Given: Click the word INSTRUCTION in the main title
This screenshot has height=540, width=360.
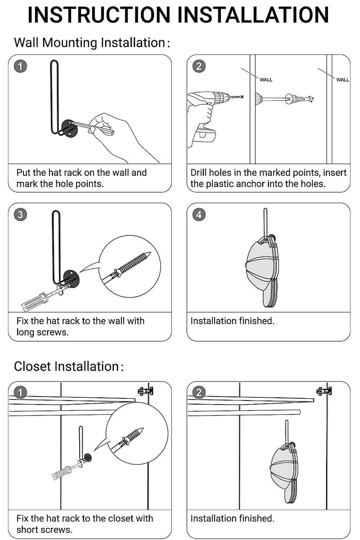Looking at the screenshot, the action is tap(99, 15).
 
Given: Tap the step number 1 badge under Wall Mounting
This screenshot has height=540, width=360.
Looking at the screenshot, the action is tap(20, 66).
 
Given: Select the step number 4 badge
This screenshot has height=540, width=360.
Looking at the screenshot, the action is tap(199, 214).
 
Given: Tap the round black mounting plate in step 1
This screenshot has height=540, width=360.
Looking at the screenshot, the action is tap(69, 129).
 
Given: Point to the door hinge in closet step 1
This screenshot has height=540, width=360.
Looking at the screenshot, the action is tap(145, 391).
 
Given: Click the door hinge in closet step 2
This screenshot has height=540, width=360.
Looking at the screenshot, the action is tap(324, 391).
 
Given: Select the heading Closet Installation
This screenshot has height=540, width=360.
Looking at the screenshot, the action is tap(68, 366).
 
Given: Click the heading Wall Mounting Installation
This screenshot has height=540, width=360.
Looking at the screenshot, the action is tap(92, 43).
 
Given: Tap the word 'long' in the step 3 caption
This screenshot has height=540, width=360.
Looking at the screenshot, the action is tap(25, 333).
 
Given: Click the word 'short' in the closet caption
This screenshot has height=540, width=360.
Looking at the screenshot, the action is tap(27, 530).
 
